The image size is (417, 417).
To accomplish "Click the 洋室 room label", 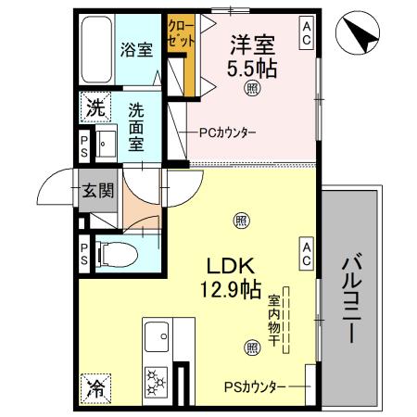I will click(253, 44).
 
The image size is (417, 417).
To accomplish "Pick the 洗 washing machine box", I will click(95, 108).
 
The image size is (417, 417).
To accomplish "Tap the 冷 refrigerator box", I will click(94, 390).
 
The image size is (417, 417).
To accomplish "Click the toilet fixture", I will click(115, 252).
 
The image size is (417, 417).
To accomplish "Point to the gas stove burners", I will click(156, 380).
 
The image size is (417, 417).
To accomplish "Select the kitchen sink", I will click(156, 332).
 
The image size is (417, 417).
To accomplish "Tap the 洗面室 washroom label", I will click(136, 125).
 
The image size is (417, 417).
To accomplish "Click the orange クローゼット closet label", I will click(180, 34).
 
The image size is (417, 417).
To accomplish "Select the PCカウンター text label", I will click(228, 133).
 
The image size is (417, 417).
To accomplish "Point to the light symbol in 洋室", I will click(252, 88).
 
